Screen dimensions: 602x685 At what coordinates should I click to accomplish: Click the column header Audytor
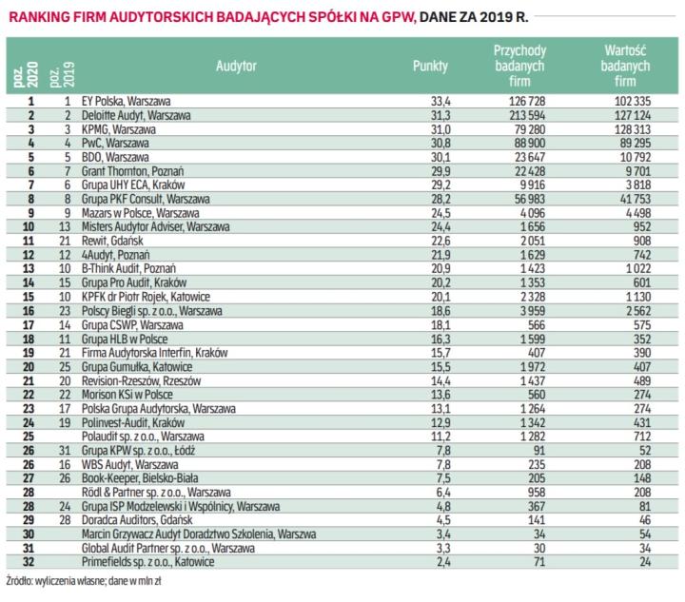(x=235, y=69)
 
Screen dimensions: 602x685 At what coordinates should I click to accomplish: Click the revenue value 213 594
(x=532, y=114)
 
